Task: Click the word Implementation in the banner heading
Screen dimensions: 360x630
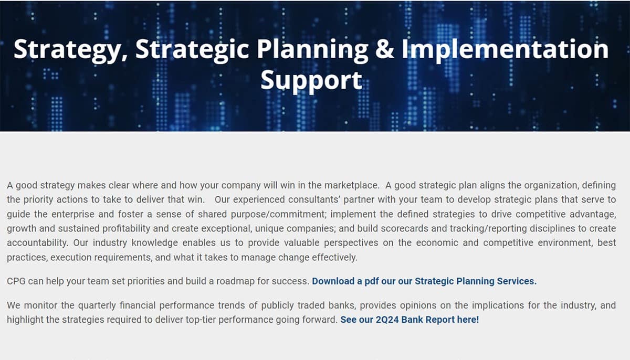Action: click(x=505, y=50)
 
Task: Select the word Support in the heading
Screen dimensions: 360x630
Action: click(x=311, y=80)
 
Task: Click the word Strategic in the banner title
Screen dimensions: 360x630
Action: click(x=192, y=50)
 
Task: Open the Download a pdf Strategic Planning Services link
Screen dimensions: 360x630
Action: click(x=424, y=281)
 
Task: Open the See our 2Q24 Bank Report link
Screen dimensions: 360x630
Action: click(x=409, y=319)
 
